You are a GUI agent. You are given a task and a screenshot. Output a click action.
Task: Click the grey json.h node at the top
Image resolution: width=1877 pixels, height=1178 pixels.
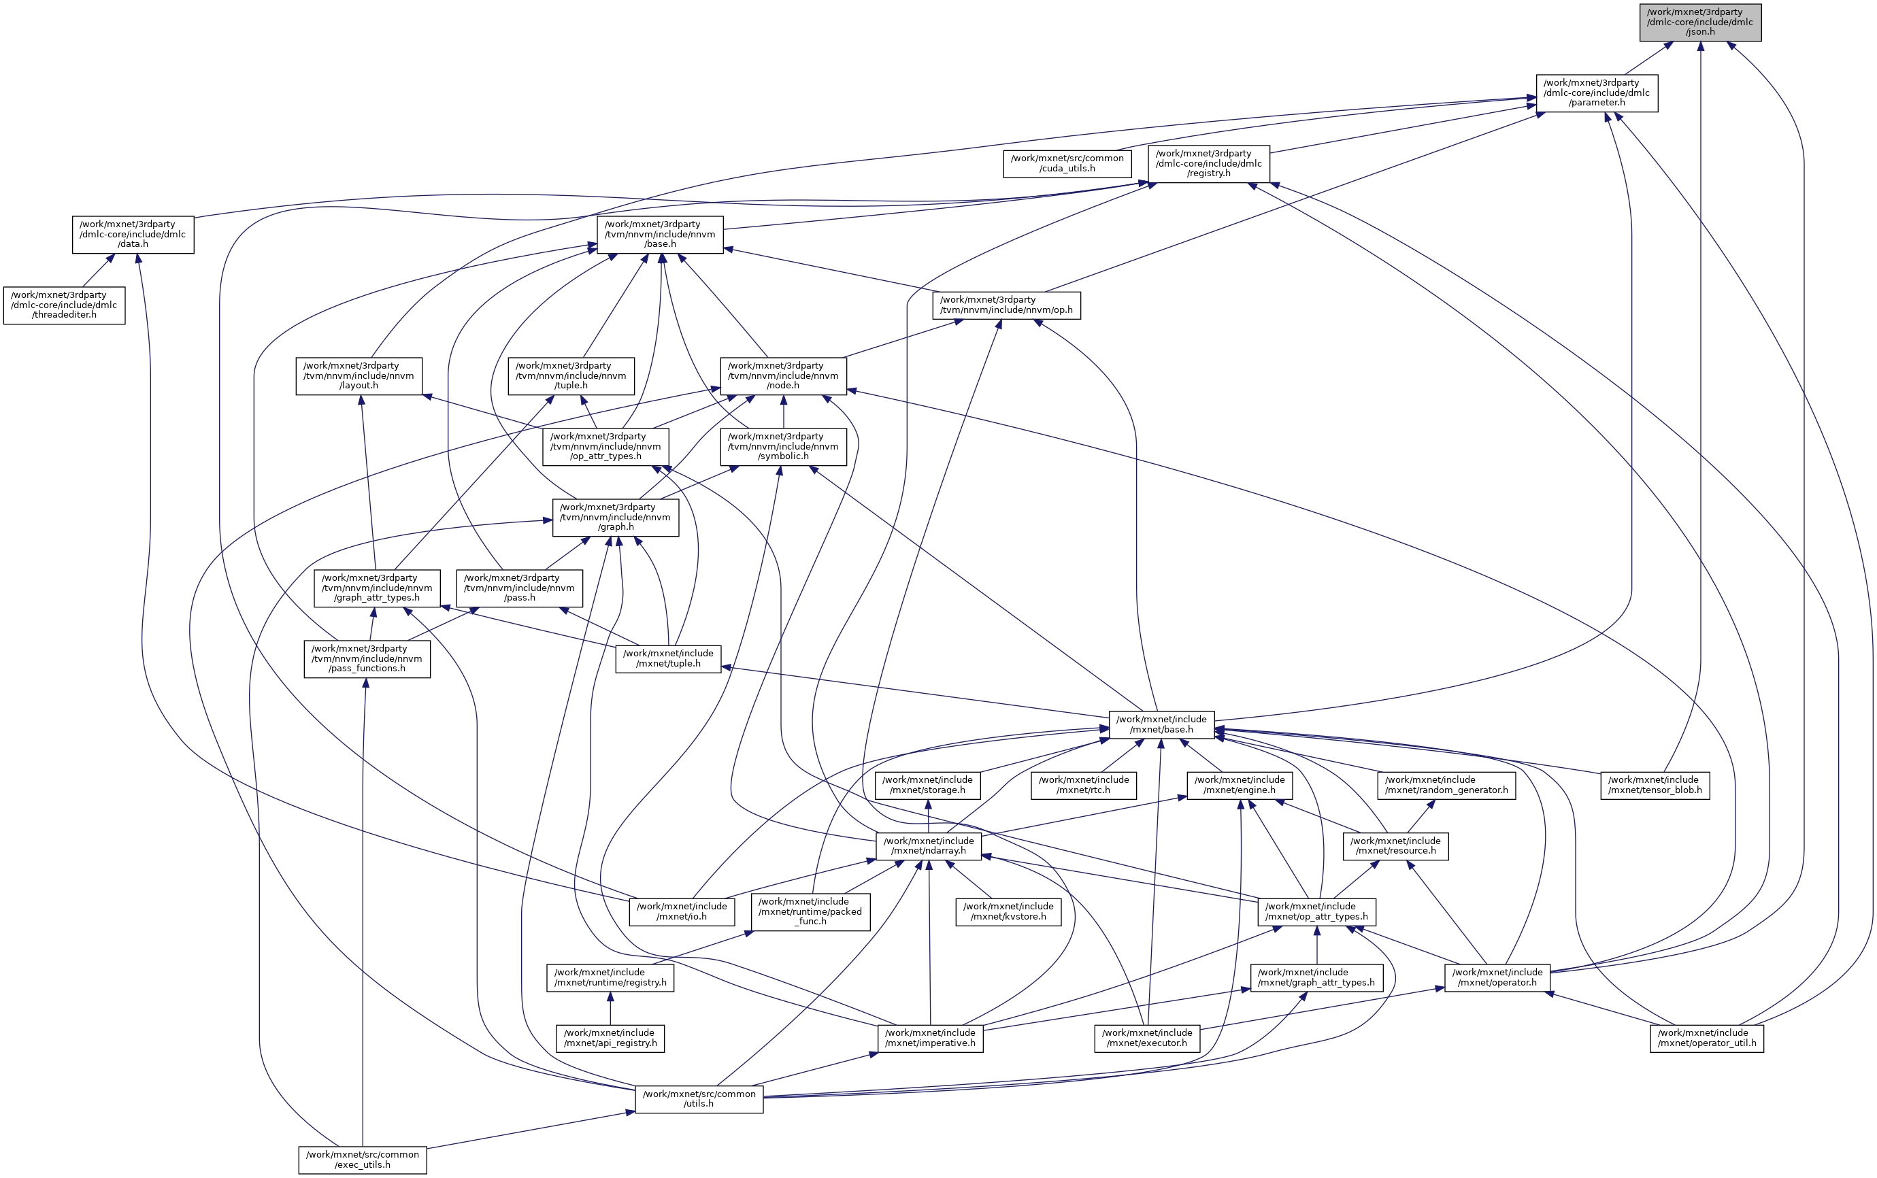(x=1699, y=22)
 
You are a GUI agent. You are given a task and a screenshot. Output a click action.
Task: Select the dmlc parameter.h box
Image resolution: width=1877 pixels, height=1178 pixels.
(x=1596, y=92)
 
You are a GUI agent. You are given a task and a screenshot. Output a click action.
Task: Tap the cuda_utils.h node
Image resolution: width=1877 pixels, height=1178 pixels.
(x=1067, y=163)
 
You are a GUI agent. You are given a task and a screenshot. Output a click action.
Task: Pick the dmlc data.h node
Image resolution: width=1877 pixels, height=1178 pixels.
(x=133, y=234)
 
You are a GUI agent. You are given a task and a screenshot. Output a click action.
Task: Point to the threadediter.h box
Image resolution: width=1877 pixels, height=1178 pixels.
(x=64, y=305)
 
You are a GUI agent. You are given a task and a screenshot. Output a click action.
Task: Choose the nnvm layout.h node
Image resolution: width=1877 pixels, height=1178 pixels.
(x=359, y=375)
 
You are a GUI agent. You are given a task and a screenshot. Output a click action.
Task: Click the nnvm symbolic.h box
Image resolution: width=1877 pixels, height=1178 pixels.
(x=783, y=446)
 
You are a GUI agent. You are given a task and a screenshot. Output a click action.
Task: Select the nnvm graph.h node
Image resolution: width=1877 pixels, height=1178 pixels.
(x=615, y=518)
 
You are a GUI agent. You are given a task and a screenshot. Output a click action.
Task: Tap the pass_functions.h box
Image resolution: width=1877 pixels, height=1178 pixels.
(x=366, y=658)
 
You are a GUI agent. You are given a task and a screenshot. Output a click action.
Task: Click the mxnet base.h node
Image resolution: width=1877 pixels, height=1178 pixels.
(x=1161, y=724)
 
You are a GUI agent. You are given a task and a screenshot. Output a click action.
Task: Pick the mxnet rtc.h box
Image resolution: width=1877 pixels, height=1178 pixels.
(x=1083, y=785)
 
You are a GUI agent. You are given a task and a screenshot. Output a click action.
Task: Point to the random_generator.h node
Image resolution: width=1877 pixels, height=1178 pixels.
(x=1446, y=785)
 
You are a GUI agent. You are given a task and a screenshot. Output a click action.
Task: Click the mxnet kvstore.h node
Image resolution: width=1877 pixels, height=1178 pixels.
(x=1008, y=911)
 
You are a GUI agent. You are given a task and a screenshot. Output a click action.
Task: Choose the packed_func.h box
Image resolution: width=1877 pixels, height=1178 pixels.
(x=810, y=911)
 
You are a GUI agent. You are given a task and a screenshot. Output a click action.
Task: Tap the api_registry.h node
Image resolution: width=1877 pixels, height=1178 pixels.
(x=610, y=1038)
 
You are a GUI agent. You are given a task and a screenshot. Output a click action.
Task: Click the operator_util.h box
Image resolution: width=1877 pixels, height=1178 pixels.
(x=1706, y=1038)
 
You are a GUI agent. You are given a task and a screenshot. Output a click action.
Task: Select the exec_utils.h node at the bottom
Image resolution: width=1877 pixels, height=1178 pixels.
(x=363, y=1160)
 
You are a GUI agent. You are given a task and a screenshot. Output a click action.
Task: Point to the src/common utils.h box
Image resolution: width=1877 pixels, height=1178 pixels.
(x=698, y=1098)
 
